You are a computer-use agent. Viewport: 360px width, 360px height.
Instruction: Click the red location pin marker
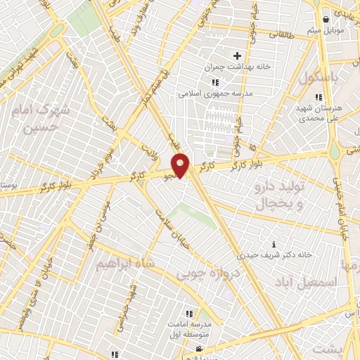181,165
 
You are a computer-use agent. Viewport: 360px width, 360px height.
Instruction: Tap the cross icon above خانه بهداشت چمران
237,56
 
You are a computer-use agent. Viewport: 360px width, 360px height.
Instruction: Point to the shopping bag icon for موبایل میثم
326,20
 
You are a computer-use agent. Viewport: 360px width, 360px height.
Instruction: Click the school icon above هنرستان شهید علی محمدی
319,97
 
